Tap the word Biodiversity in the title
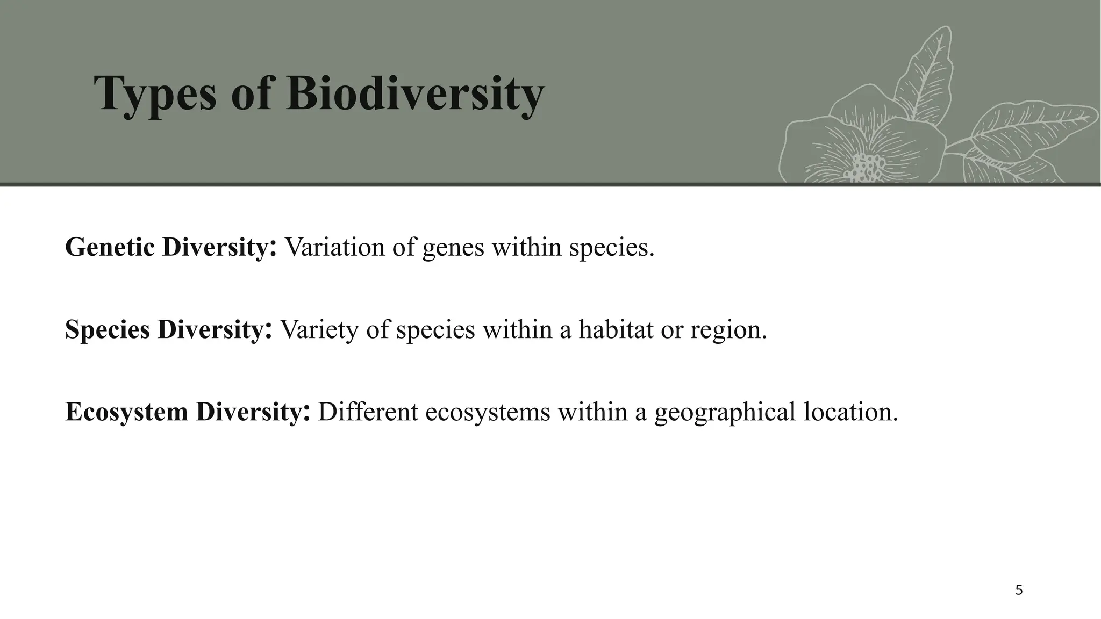(x=415, y=95)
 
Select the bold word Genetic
(x=110, y=247)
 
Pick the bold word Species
(x=107, y=329)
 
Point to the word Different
(x=368, y=412)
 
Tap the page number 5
(x=1019, y=591)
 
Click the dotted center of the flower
(x=866, y=167)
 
